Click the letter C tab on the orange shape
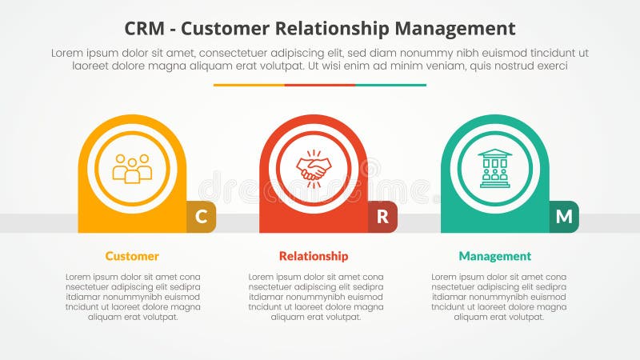[202, 216]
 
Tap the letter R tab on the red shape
[382, 216]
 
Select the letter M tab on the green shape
[564, 216]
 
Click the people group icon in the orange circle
[132, 169]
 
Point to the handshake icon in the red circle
[314, 169]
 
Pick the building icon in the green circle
[494, 169]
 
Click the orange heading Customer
[132, 256]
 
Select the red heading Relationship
[314, 256]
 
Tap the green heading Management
[494, 256]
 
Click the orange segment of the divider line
[249, 85]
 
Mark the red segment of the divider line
[320, 85]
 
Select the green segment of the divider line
[390, 85]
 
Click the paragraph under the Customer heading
[132, 297]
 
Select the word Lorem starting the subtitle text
[68, 53]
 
